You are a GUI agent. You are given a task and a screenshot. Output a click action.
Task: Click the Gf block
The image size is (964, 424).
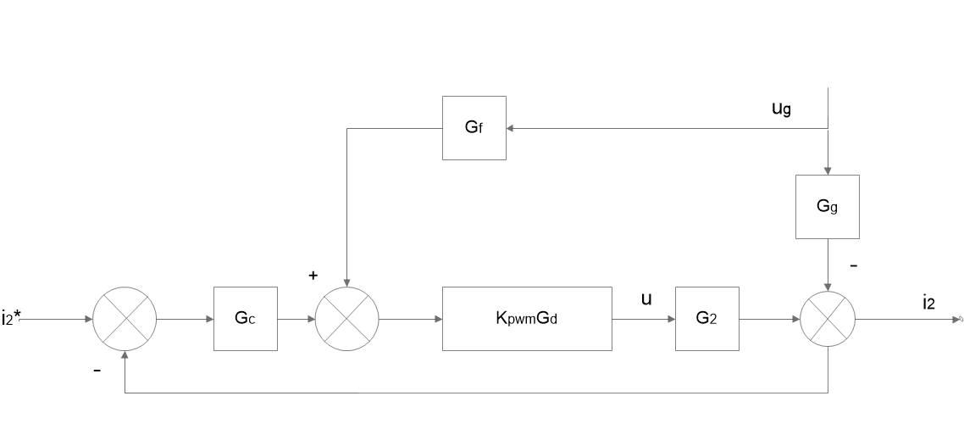474,128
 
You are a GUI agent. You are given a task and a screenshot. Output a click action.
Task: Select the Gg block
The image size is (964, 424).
828,206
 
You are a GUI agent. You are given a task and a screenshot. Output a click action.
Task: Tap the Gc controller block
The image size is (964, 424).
246,319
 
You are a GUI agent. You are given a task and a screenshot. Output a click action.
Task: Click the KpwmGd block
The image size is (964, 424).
526,319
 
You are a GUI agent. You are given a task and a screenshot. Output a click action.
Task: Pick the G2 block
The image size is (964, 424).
706,319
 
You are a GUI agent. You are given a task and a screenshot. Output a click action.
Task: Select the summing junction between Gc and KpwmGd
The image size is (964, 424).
347,319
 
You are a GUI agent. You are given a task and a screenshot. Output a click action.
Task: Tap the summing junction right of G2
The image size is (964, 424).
828,319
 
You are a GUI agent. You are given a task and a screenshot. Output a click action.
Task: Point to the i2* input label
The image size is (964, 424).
12,319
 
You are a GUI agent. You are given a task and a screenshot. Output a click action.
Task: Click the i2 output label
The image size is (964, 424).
929,303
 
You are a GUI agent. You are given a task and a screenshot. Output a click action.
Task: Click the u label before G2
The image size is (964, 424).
646,299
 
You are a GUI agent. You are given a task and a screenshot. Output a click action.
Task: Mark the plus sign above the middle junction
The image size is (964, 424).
313,276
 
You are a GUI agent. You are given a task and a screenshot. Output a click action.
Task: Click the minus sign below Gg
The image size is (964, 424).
853,265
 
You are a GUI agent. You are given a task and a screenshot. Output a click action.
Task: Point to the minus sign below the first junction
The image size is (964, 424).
97,370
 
